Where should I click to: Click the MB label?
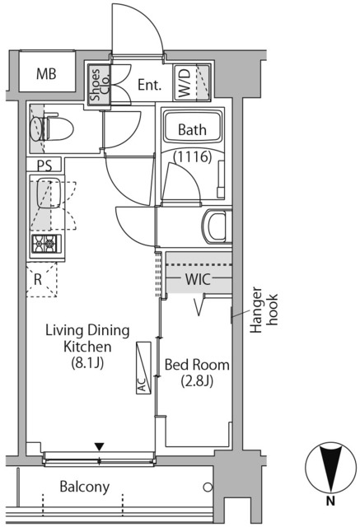click(46, 73)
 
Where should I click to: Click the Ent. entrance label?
click(150, 85)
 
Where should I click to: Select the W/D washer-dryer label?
click(185, 83)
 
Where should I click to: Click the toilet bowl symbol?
click(51, 128)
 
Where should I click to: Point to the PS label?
click(44, 166)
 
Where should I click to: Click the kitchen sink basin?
click(49, 193)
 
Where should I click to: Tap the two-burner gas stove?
click(46, 244)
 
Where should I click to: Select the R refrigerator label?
click(38, 280)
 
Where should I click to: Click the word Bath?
click(192, 130)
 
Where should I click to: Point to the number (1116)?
click(192, 157)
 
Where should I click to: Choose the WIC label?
click(198, 278)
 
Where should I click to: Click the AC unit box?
click(143, 368)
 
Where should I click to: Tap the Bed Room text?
click(197, 365)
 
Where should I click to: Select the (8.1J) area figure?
click(87, 362)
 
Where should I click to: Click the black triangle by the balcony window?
click(99, 447)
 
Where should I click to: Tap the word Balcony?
click(85, 487)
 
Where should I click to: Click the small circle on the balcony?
click(208, 487)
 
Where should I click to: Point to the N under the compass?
click(331, 501)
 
